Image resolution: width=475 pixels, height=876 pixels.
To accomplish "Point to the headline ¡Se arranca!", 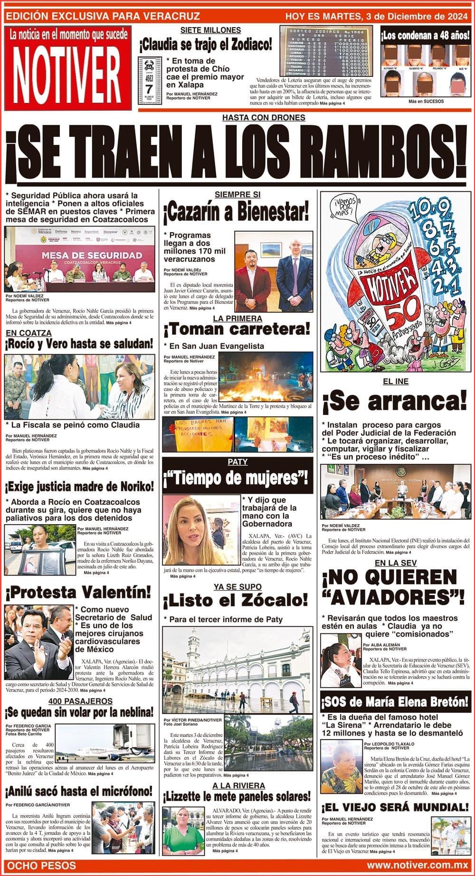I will click(x=395, y=402).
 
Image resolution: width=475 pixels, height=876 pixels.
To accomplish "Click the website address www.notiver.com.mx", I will click(x=417, y=865).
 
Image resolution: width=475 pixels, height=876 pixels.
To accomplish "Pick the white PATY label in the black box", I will click(x=237, y=462).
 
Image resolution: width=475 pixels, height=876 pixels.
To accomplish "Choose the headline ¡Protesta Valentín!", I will click(x=79, y=592).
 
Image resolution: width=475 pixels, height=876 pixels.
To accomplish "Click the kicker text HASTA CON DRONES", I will click(x=264, y=117).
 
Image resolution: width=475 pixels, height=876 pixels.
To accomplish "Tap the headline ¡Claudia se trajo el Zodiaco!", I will click(x=206, y=45).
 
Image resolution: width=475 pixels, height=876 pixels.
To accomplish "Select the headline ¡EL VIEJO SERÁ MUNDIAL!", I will click(x=395, y=807).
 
